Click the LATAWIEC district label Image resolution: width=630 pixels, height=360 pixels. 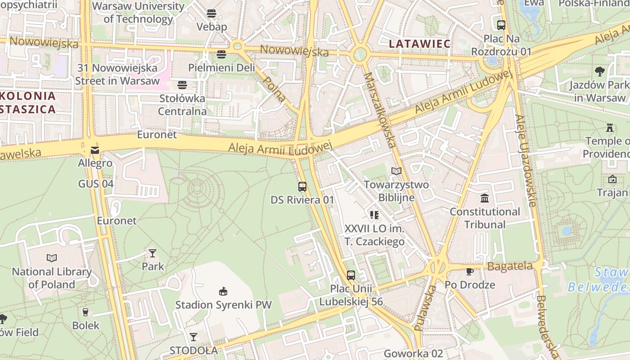coord(420,44)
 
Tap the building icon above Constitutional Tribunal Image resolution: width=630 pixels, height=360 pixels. coord(485,198)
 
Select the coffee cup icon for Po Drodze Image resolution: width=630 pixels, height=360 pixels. coord(470,271)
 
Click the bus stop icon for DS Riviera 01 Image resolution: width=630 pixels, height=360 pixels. coord(302,186)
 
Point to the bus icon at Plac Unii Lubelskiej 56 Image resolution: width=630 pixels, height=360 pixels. coord(351,275)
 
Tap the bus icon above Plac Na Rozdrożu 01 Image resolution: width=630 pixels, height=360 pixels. coord(501,25)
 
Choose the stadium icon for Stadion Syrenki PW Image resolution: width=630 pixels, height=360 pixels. coord(223,291)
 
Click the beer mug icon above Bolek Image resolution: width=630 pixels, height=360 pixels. coord(85,312)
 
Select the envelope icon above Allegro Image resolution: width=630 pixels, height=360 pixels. coord(95,150)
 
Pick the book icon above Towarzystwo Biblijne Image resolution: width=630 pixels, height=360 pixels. coord(396,171)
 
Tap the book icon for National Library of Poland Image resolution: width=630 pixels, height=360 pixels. coord(52,258)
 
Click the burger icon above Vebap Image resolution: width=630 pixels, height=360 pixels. coord(211,13)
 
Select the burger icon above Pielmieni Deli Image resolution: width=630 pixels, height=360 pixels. coord(221,54)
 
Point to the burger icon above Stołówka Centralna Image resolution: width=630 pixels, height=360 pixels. coord(182,85)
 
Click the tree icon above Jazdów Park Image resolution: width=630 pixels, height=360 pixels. coord(599,71)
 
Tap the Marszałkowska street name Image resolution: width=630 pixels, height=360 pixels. coord(380,110)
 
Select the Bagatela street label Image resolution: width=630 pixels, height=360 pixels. coord(510,266)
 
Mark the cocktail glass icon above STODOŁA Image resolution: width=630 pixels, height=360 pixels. coord(193,337)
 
